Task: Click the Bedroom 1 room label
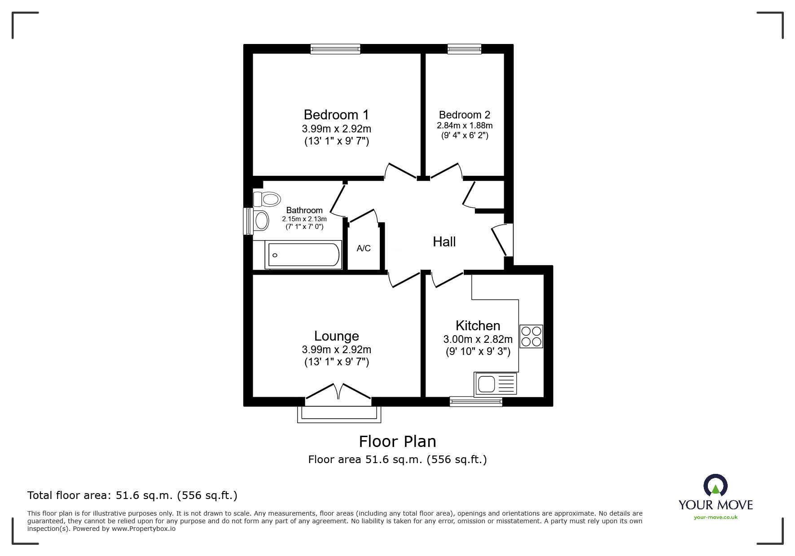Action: (336, 115)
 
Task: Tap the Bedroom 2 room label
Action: (465, 115)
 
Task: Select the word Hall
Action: (444, 242)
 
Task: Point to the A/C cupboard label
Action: (364, 248)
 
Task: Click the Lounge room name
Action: (337, 336)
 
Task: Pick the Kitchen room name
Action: (478, 325)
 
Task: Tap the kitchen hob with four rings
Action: (531, 337)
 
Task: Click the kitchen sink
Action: (495, 384)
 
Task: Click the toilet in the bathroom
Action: (267, 199)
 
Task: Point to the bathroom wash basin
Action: (261, 221)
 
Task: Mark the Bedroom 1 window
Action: (335, 49)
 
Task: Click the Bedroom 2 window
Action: (464, 49)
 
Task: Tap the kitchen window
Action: (476, 402)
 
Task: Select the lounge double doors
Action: (338, 391)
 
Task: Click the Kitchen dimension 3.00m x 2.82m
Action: (478, 339)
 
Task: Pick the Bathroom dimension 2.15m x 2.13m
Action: (304, 219)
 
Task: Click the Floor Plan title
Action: (397, 442)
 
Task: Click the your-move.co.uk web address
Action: (716, 517)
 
